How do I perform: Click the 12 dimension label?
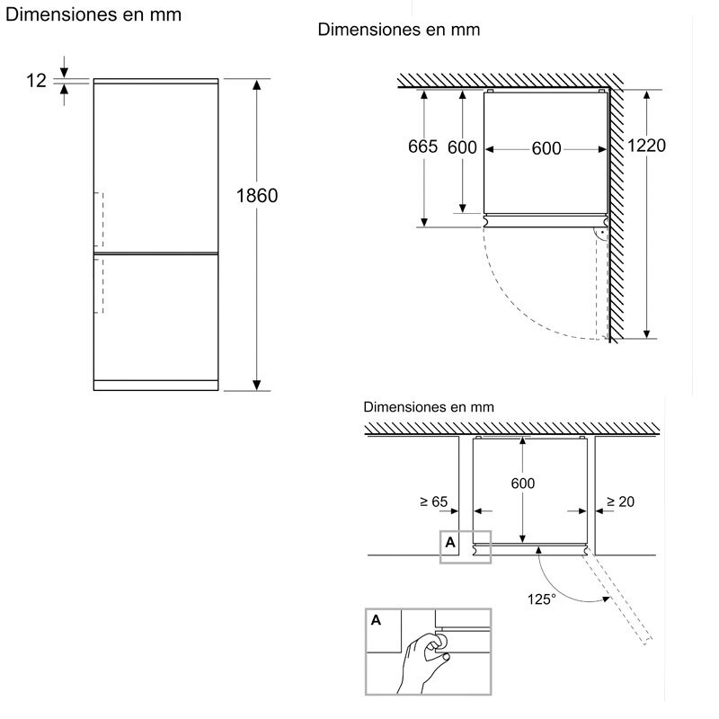coord(36,81)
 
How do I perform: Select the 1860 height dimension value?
coord(257,196)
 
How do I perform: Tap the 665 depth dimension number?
coord(422,147)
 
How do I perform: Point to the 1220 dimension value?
coord(647,146)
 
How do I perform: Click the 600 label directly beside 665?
coord(462,147)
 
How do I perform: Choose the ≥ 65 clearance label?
coord(433,502)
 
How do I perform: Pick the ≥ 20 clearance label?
coord(620,502)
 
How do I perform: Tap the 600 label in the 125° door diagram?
coord(523,484)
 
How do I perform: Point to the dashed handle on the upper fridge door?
coord(101,216)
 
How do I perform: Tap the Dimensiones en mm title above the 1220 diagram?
coord(399,30)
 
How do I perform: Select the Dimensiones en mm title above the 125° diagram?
coord(429,406)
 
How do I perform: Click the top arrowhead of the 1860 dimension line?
coord(257,84)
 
